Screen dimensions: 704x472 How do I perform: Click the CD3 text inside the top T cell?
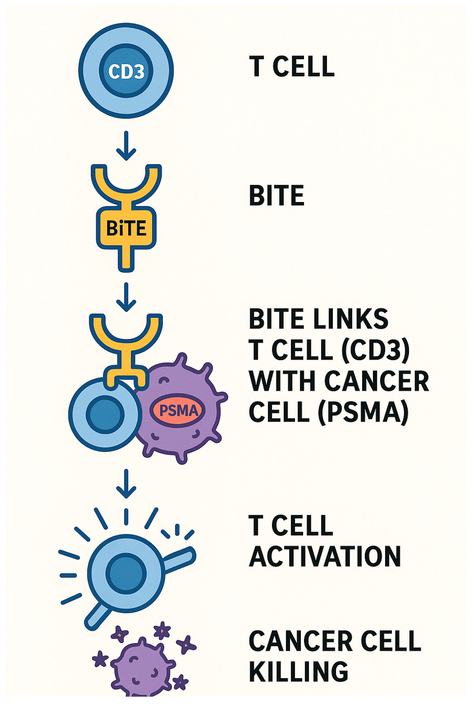[x=126, y=71]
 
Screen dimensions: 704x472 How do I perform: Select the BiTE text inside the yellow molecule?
[x=126, y=228]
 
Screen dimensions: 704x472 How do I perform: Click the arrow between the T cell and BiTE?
[x=126, y=146]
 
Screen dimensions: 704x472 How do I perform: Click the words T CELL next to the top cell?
[x=291, y=66]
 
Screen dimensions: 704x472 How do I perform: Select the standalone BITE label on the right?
[x=276, y=196]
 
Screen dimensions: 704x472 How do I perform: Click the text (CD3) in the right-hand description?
[x=375, y=350]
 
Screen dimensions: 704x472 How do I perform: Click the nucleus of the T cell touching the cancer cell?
[x=105, y=414]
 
